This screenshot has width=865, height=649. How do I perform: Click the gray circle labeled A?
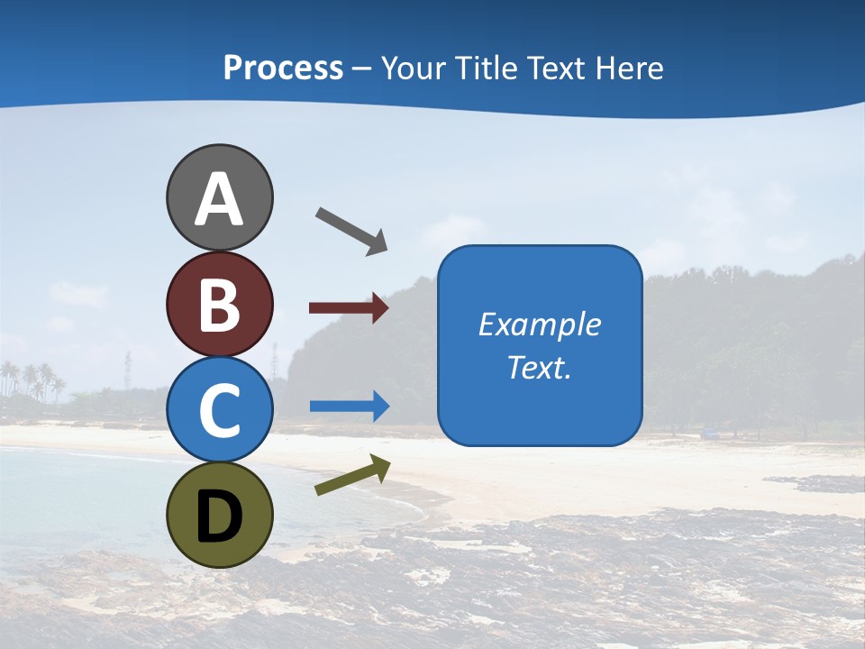(x=219, y=197)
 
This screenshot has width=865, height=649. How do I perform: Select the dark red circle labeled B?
(x=219, y=304)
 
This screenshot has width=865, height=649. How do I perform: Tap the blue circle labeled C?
(x=219, y=409)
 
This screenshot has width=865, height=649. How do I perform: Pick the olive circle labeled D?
(x=219, y=515)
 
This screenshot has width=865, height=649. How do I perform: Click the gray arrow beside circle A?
(x=351, y=231)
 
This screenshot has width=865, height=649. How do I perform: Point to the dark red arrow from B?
(x=348, y=308)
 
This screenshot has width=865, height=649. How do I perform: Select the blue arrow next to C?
(x=349, y=407)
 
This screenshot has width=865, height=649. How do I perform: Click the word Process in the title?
(x=283, y=69)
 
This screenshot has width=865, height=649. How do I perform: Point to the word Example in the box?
(x=539, y=324)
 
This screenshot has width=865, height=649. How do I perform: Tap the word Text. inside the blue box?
(x=539, y=368)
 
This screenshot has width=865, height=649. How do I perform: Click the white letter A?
(x=219, y=199)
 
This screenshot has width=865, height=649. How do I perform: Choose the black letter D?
(x=219, y=516)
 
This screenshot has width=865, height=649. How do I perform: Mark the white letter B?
(x=219, y=305)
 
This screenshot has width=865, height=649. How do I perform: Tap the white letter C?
(x=219, y=410)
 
